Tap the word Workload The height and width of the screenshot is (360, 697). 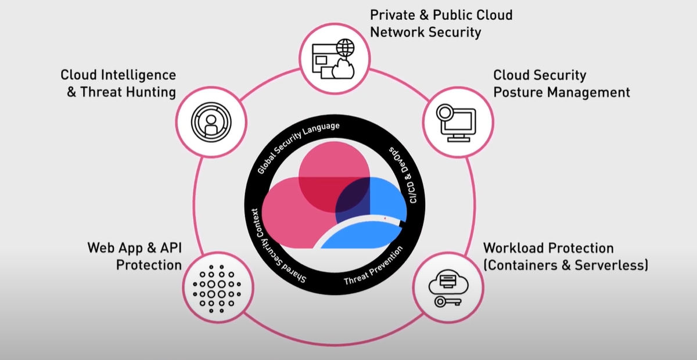pos(511,248)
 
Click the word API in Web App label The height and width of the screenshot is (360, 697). pos(169,248)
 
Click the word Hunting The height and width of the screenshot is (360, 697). pos(149,92)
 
